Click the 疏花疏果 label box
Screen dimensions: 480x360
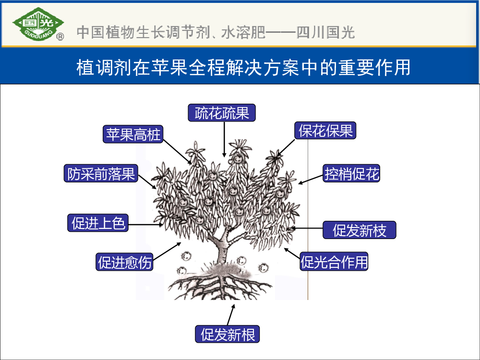222,113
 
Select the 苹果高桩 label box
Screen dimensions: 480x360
133,134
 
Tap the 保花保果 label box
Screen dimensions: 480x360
325,131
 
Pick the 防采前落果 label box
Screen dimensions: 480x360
101,173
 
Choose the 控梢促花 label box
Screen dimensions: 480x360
351,173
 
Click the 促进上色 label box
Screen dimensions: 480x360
98,223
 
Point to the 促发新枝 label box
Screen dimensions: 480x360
360,230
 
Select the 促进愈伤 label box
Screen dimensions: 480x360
125,262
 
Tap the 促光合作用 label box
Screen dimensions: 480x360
334,262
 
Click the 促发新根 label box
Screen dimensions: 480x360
228,334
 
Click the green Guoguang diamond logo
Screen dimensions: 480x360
38,24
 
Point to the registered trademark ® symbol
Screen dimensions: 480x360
60,37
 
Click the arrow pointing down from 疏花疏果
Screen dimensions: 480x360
224,140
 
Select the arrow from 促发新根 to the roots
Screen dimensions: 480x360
231,315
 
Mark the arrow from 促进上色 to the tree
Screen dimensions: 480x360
146,225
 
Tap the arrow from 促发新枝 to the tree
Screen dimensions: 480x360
306,228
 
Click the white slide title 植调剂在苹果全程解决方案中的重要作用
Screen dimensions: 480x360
243,67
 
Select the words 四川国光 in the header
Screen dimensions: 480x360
326,33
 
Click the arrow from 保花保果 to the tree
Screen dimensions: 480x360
286,148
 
